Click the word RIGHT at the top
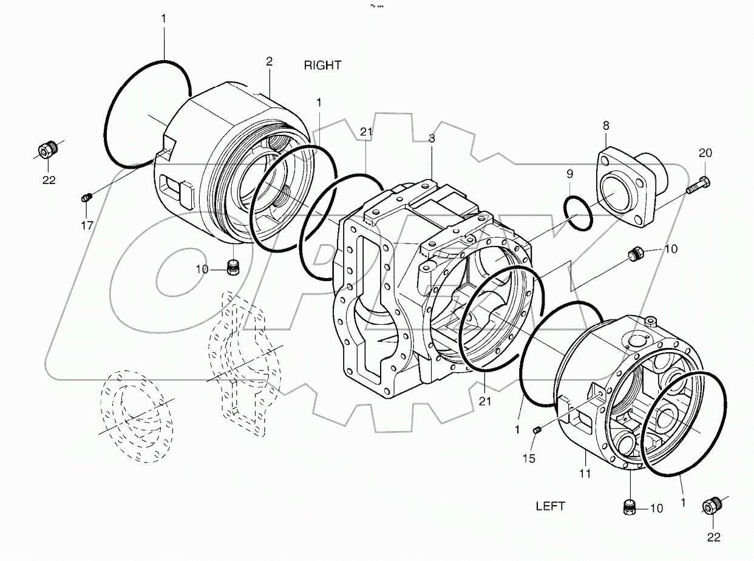(x=322, y=66)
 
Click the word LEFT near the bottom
(x=550, y=506)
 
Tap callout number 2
(x=269, y=61)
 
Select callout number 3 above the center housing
(x=432, y=138)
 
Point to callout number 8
(x=605, y=126)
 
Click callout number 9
(x=569, y=174)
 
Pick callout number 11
(x=584, y=474)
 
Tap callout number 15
(x=529, y=458)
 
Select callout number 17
(x=87, y=225)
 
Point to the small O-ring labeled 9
(x=577, y=212)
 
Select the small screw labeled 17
(x=86, y=197)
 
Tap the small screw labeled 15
(x=537, y=430)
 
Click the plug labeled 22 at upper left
(x=48, y=148)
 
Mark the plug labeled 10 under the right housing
(x=231, y=266)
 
